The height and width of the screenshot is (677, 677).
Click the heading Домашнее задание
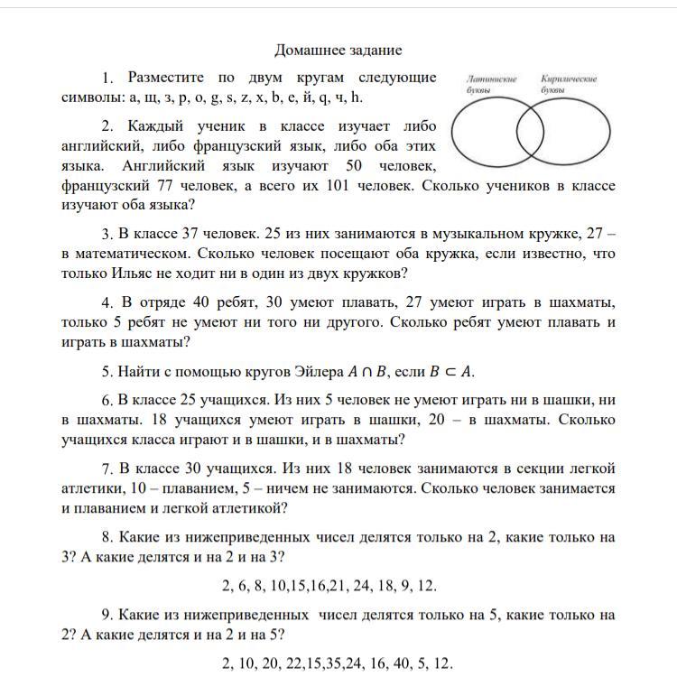pyautogui.click(x=338, y=50)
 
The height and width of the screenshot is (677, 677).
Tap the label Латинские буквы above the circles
pyautogui.click(x=491, y=85)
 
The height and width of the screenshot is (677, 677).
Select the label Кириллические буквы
pyautogui.click(x=569, y=85)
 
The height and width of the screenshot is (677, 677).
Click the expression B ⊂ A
pyautogui.click(x=455, y=371)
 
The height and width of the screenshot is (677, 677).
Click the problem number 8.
pyautogui.click(x=107, y=537)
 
